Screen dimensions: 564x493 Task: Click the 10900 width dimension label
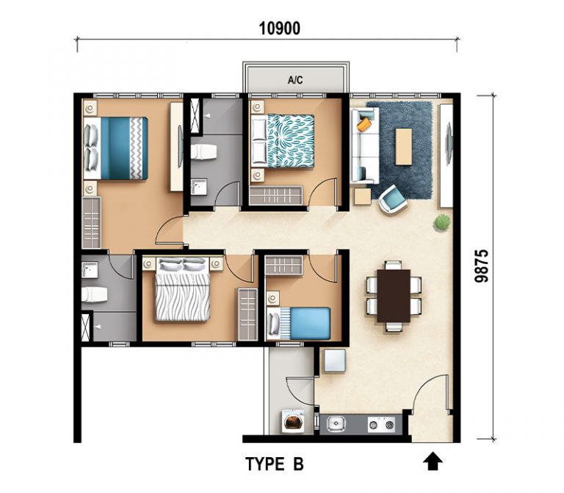pos(280,29)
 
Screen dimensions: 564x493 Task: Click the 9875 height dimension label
pos(482,266)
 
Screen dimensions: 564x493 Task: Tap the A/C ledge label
pos(295,80)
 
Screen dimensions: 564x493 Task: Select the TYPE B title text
pos(275,464)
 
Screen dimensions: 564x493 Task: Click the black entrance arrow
pos(433,461)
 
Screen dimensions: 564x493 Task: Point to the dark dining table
pos(394,296)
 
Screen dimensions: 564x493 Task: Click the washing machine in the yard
pos(292,420)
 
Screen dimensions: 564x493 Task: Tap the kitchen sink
pos(336,424)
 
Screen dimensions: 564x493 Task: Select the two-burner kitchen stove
pos(381,425)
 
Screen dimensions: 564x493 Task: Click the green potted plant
pos(441,222)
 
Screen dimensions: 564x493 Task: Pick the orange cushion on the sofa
pos(364,124)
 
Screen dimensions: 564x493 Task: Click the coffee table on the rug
pos(404,147)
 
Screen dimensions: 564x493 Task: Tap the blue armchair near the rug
pos(392,200)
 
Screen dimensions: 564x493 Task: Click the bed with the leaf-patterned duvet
pos(282,141)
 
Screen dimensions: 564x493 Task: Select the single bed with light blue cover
pos(299,323)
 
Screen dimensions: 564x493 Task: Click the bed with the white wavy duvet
pos(182,289)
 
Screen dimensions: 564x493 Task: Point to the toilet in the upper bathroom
pos(203,152)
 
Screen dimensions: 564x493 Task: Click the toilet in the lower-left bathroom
pos(94,295)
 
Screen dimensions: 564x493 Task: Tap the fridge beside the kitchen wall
pos(335,360)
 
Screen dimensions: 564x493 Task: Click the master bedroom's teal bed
pos(115,148)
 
